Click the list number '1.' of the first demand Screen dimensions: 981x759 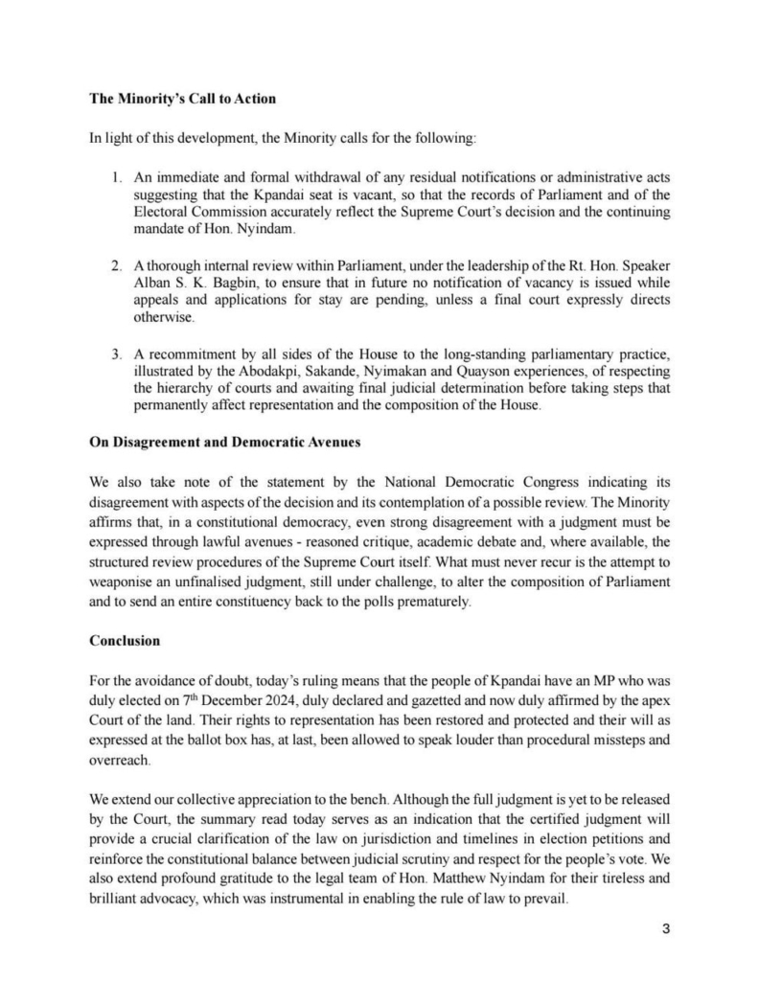[x=116, y=178]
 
